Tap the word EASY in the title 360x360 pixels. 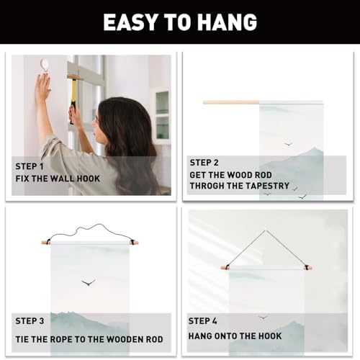[130, 22]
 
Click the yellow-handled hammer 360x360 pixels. [73, 96]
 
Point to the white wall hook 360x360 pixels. [45, 65]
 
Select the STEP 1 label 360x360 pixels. [30, 166]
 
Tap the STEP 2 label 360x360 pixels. [204, 163]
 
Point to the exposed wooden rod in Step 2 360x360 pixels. [231, 102]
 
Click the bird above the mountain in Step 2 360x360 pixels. [288, 144]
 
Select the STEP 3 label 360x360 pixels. [30, 321]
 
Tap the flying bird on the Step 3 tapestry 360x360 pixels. [88, 282]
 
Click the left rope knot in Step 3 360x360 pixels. [49, 241]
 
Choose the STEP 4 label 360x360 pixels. [202, 321]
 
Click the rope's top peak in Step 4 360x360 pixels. [266, 230]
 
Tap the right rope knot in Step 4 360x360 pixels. [306, 267]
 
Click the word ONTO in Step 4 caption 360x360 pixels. [227, 336]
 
